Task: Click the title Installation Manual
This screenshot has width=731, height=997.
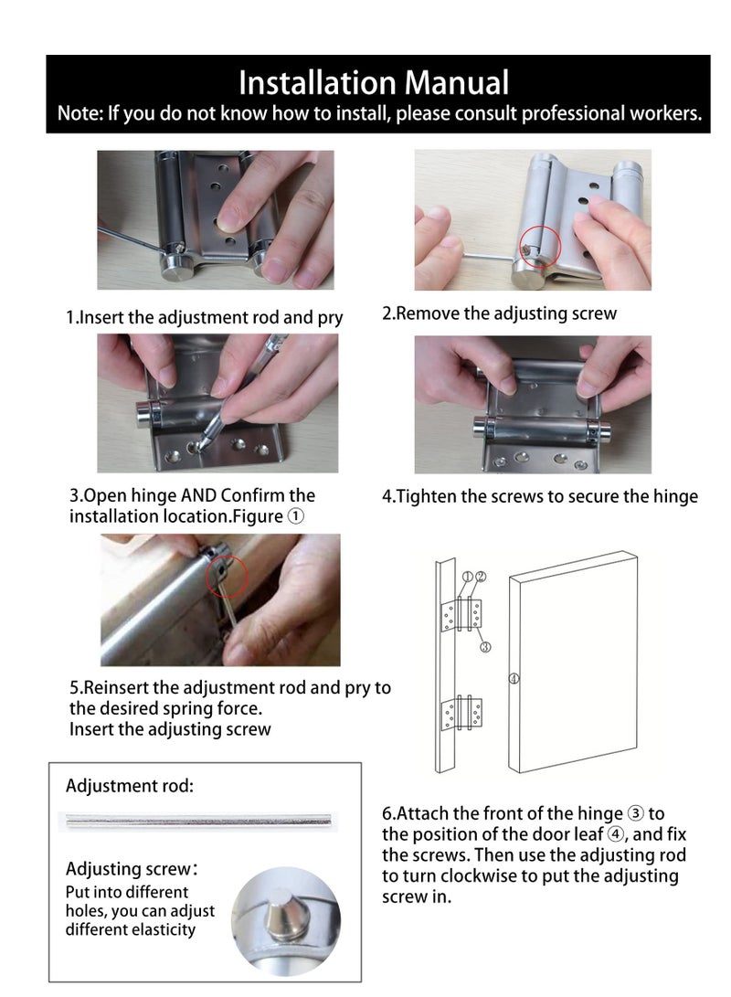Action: pyautogui.click(x=373, y=83)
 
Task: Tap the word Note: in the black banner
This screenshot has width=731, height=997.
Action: pyautogui.click(x=80, y=114)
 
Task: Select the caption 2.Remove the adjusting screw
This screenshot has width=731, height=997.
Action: pyautogui.click(x=499, y=313)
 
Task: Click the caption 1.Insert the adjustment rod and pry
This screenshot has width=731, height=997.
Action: pyautogui.click(x=205, y=318)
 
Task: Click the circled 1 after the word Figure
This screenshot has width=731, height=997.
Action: pyautogui.click(x=296, y=516)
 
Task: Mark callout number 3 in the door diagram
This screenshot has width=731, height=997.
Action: pyautogui.click(x=485, y=646)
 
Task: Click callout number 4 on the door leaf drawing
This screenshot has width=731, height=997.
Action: pyautogui.click(x=514, y=679)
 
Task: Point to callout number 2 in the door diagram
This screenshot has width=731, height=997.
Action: pyautogui.click(x=481, y=577)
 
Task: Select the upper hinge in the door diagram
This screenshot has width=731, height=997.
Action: pyautogui.click(x=462, y=616)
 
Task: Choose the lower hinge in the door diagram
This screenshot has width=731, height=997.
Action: pyautogui.click(x=462, y=713)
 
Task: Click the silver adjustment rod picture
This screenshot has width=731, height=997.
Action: pyautogui.click(x=196, y=821)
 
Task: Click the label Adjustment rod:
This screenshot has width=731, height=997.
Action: pyautogui.click(x=130, y=786)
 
